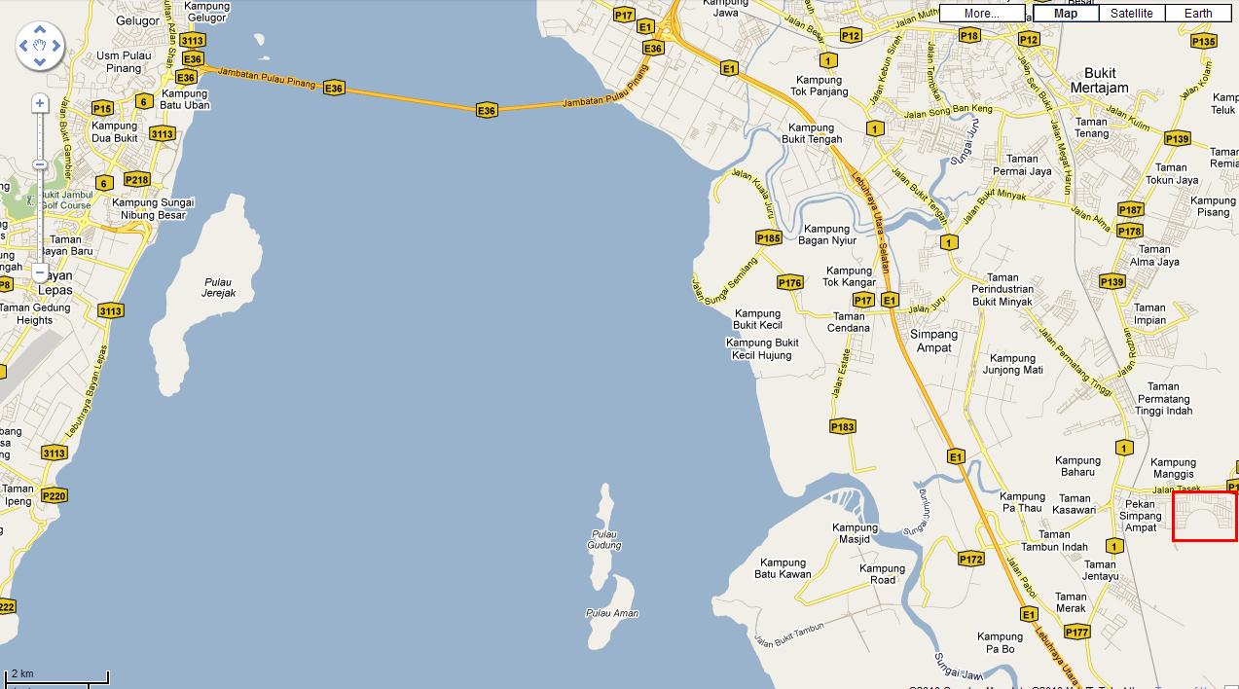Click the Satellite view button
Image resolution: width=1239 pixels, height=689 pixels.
(x=1131, y=14)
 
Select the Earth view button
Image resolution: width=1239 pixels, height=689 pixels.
(x=1198, y=14)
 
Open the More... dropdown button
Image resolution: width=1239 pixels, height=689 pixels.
(x=981, y=14)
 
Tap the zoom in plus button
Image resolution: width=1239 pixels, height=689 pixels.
(x=40, y=103)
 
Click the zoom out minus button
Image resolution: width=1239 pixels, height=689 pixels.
(x=40, y=272)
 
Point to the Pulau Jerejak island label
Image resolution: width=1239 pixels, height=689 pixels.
(x=218, y=288)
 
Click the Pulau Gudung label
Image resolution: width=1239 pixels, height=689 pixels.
(x=604, y=539)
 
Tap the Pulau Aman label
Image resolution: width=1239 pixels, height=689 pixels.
(x=612, y=613)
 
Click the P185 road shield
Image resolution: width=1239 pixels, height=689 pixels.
(x=768, y=238)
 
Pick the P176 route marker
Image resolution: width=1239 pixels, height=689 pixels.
(x=789, y=283)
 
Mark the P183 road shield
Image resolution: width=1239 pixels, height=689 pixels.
(x=842, y=426)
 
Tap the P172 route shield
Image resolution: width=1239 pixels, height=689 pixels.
(x=970, y=559)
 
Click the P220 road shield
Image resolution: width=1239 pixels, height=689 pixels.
(x=55, y=496)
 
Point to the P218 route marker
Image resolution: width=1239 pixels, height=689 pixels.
(x=137, y=180)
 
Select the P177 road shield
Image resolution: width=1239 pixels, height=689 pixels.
(x=1076, y=633)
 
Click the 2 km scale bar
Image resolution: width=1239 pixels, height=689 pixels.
(x=56, y=676)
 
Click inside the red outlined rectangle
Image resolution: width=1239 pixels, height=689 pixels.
(x=1204, y=516)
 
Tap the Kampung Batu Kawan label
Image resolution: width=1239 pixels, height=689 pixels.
(x=783, y=568)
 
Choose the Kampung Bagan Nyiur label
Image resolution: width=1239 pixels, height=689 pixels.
(x=827, y=235)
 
